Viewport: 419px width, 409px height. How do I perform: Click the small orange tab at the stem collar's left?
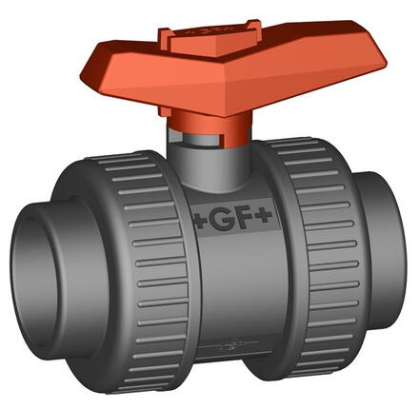pyautogui.click(x=173, y=125)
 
